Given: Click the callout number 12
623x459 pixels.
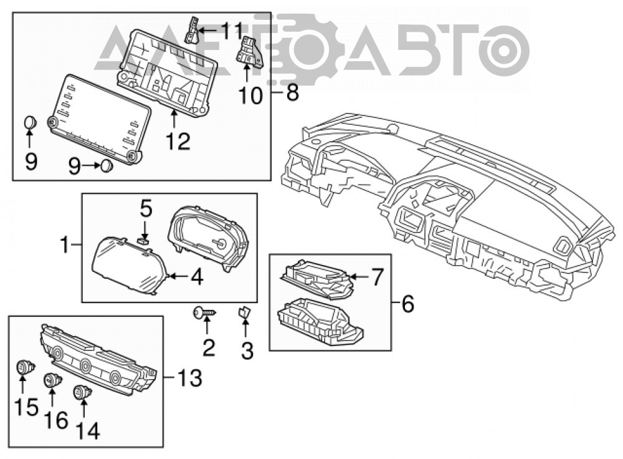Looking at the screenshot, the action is tap(178, 141).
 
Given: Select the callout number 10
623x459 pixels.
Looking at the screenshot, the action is tap(250, 96).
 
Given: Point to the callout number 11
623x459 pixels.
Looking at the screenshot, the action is tap(232, 31).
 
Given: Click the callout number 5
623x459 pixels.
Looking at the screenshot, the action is tap(146, 209).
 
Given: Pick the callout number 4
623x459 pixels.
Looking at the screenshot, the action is tap(197, 277).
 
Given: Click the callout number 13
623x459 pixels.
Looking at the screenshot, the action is tap(189, 378).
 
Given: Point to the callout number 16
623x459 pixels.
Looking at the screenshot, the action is tap(56, 420).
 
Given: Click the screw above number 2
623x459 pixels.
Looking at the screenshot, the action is tap(205, 313).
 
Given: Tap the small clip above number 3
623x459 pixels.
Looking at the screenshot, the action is tap(244, 312).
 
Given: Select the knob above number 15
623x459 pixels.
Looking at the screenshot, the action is tap(26, 367).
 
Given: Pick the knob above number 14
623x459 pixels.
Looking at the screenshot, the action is tap(82, 392).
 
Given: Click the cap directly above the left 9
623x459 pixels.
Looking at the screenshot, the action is tap(30, 122).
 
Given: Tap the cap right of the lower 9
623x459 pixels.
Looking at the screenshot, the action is tap(106, 165).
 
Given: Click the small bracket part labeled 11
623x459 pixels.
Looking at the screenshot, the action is tap(193, 30).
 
